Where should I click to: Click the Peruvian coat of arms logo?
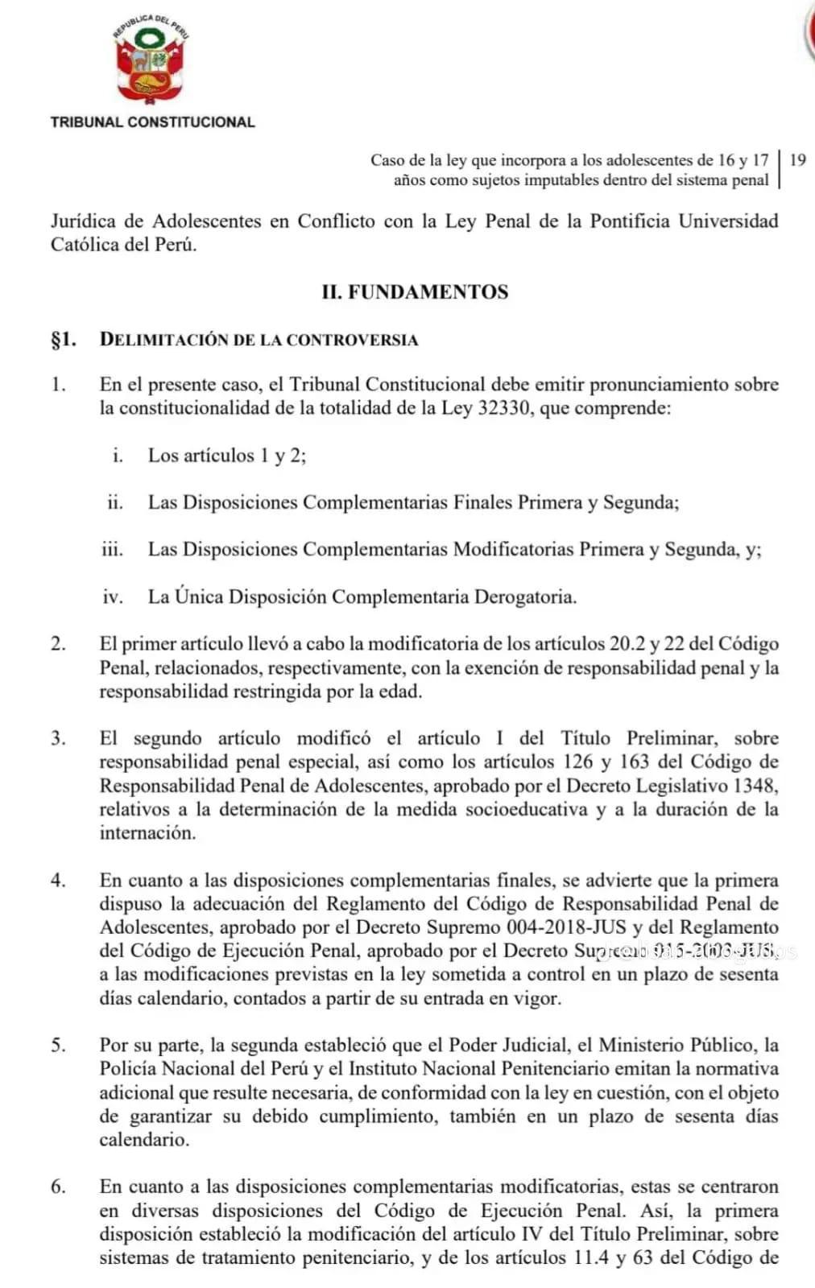[x=151, y=66]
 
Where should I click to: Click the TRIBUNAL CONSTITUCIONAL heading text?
[x=152, y=122]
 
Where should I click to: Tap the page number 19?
[x=797, y=159]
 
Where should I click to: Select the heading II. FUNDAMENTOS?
[x=415, y=291]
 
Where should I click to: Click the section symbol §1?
[x=64, y=339]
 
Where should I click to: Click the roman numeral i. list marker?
[x=118, y=456]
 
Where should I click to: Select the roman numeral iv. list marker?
[x=113, y=597]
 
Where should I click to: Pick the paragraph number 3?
[x=57, y=738]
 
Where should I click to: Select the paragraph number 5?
[x=57, y=1046]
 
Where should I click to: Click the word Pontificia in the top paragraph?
[x=629, y=221]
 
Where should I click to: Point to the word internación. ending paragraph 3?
[x=147, y=833]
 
